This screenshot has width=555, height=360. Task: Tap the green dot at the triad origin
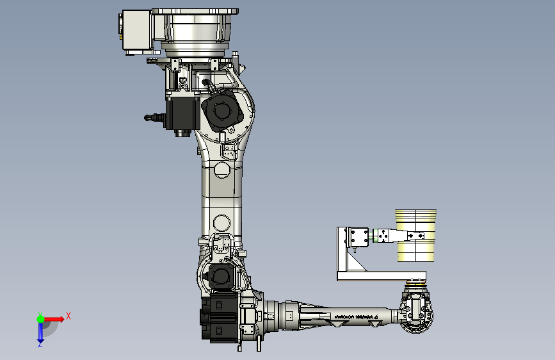[x=40, y=318]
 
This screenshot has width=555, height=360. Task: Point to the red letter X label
[x=68, y=316]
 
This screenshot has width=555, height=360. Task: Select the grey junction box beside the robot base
[x=135, y=31]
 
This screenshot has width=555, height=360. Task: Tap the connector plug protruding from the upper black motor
[x=152, y=117]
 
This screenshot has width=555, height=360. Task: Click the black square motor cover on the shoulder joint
[x=222, y=111]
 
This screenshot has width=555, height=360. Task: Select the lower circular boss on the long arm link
[x=221, y=222]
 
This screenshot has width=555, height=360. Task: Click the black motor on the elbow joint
[x=220, y=277]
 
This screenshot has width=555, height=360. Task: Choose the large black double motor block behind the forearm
[x=220, y=318]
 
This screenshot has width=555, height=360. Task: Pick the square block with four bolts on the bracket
[x=357, y=236]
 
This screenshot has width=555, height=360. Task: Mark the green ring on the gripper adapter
[x=371, y=237]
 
